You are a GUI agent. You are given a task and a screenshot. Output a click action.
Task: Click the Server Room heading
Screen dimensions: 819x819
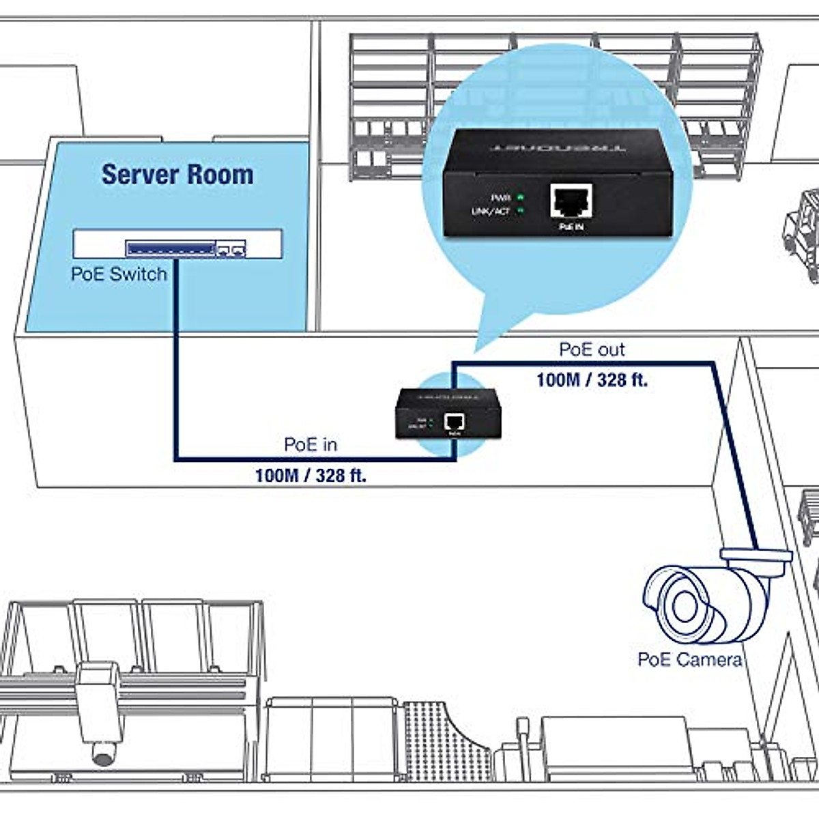(x=177, y=175)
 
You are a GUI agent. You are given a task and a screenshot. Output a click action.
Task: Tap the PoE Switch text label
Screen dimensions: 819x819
(x=119, y=274)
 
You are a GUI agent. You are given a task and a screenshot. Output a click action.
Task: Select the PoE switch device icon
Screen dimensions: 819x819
(x=177, y=244)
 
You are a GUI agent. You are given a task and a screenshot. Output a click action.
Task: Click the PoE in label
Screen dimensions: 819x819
(x=311, y=444)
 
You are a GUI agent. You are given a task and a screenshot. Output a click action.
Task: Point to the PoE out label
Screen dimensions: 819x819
(x=592, y=349)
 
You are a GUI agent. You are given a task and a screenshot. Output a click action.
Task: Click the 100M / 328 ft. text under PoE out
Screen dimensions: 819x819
(x=592, y=379)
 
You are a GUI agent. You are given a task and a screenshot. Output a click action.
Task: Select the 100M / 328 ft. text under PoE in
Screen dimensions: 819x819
(x=311, y=475)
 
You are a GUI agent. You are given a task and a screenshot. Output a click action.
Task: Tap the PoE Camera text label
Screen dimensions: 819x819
(x=689, y=659)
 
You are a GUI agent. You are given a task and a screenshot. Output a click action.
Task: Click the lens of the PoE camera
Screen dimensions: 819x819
(x=682, y=605)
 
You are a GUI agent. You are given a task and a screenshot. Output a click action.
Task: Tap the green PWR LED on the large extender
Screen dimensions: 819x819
(x=521, y=197)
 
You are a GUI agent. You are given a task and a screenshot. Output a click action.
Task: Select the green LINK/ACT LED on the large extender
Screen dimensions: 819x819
(x=521, y=211)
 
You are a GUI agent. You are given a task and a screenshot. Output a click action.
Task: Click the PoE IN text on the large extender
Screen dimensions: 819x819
(x=571, y=227)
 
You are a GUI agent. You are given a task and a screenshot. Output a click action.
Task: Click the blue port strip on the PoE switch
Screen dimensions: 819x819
(x=170, y=248)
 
